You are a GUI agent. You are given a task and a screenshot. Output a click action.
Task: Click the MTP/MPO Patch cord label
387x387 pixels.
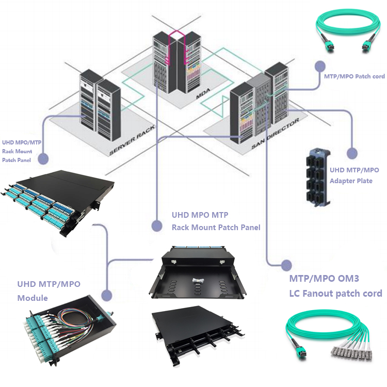pos(354,76)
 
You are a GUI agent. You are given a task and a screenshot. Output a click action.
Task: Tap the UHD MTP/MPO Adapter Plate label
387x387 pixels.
pos(354,175)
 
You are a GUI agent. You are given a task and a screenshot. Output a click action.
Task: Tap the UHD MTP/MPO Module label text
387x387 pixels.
pos(49,291)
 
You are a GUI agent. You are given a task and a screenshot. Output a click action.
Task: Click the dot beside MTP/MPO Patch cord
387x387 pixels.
pos(320,67)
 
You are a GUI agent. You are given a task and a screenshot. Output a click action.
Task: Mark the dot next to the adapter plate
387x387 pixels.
pos(351,153)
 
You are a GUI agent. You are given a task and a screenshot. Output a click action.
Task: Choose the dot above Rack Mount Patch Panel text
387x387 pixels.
pos(156,225)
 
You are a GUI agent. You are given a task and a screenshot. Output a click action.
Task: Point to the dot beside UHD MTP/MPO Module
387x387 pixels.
pos(107,296)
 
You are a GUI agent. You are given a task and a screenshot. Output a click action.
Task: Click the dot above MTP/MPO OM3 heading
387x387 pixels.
pos(286,265)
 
